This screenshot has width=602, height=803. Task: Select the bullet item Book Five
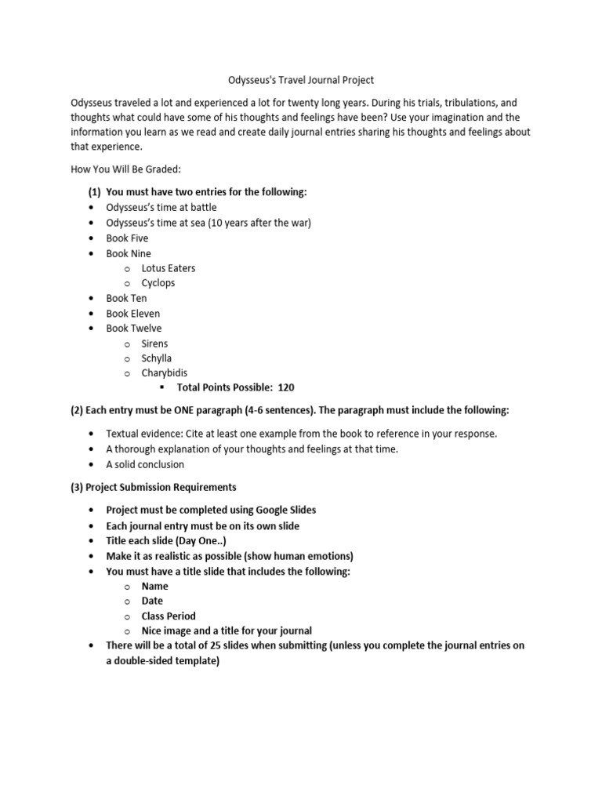[x=127, y=238]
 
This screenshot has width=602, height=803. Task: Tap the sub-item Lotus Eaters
[x=169, y=268]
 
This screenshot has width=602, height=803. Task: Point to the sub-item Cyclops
[x=158, y=283]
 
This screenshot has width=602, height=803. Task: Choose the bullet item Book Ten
[x=126, y=299]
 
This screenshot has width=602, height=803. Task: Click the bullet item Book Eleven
[x=132, y=314]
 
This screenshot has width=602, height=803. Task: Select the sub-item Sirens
[x=154, y=343]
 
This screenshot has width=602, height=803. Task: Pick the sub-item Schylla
[x=157, y=358]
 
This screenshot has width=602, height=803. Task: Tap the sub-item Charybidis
[x=164, y=373]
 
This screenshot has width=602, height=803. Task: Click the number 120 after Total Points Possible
[x=286, y=388]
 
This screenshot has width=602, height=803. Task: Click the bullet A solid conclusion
[x=145, y=464]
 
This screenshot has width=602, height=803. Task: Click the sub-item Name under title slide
[x=154, y=587]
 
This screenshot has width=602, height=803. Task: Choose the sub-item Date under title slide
[x=152, y=601]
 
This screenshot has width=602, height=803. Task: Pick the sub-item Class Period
[x=169, y=616]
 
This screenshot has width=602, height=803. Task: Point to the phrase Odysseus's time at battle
[x=161, y=208]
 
